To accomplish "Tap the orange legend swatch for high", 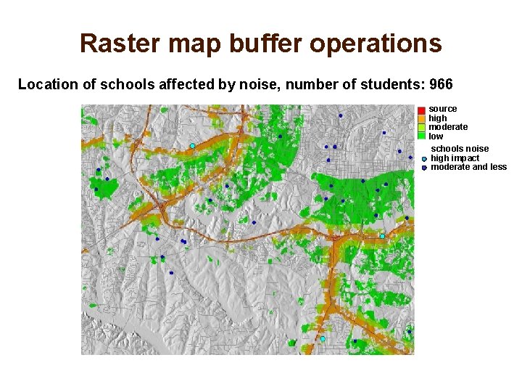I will (x=421, y=118).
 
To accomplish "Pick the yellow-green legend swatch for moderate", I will (x=421, y=127).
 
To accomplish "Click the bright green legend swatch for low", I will (x=421, y=136).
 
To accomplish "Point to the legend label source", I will (x=442, y=109).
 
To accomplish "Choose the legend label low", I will (x=436, y=136).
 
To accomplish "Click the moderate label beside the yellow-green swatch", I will (x=448, y=127).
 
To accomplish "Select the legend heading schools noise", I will (x=460, y=149).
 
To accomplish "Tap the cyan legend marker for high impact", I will (x=424, y=158).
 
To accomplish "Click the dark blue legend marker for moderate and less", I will (x=424, y=168).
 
